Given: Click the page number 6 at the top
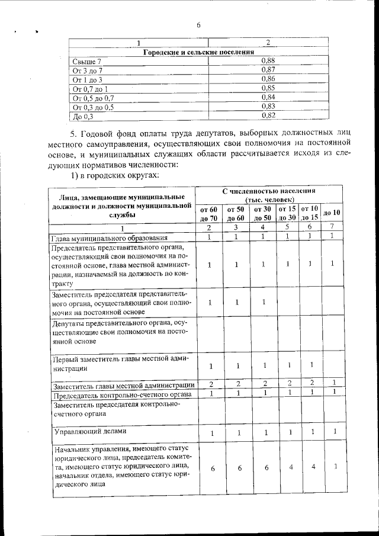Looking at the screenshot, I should pos(199,24).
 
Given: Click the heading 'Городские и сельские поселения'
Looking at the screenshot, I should pos(199,52).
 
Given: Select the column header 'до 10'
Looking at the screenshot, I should pos(332,213).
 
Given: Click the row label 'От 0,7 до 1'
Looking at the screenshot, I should pos(90,89).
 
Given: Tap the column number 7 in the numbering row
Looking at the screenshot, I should pos(332,227).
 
